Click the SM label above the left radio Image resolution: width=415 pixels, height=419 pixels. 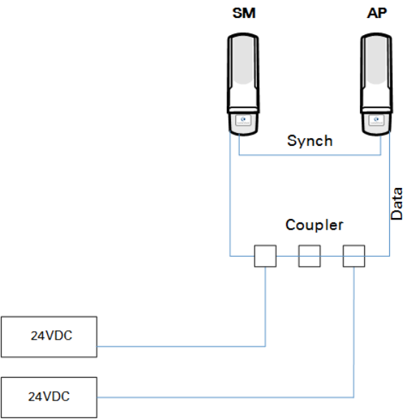click(244, 13)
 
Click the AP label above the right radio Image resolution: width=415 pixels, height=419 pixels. click(377, 13)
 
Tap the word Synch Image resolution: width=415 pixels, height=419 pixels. click(310, 141)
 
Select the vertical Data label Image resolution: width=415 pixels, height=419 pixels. click(396, 204)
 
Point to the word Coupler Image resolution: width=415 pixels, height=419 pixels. click(314, 225)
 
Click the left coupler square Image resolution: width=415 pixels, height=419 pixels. click(265, 256)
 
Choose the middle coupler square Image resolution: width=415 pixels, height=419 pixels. click(309, 256)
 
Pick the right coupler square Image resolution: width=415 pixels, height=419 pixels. click(353, 256)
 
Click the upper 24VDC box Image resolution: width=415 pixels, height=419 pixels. click(49, 337)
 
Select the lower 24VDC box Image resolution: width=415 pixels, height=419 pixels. click(49, 398)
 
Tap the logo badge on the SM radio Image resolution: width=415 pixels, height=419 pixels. click(243, 120)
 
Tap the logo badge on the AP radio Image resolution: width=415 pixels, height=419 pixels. click(376, 120)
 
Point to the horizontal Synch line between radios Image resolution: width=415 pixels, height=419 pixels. click(310, 154)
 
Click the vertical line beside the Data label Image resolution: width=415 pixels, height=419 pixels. click(389, 194)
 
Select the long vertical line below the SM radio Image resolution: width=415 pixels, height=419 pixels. click(230, 194)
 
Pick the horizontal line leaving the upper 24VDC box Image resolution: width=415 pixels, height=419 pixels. click(181, 346)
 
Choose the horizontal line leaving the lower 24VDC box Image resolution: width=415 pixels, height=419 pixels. click(225, 398)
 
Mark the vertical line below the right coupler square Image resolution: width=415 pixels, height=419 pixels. click(353, 332)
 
